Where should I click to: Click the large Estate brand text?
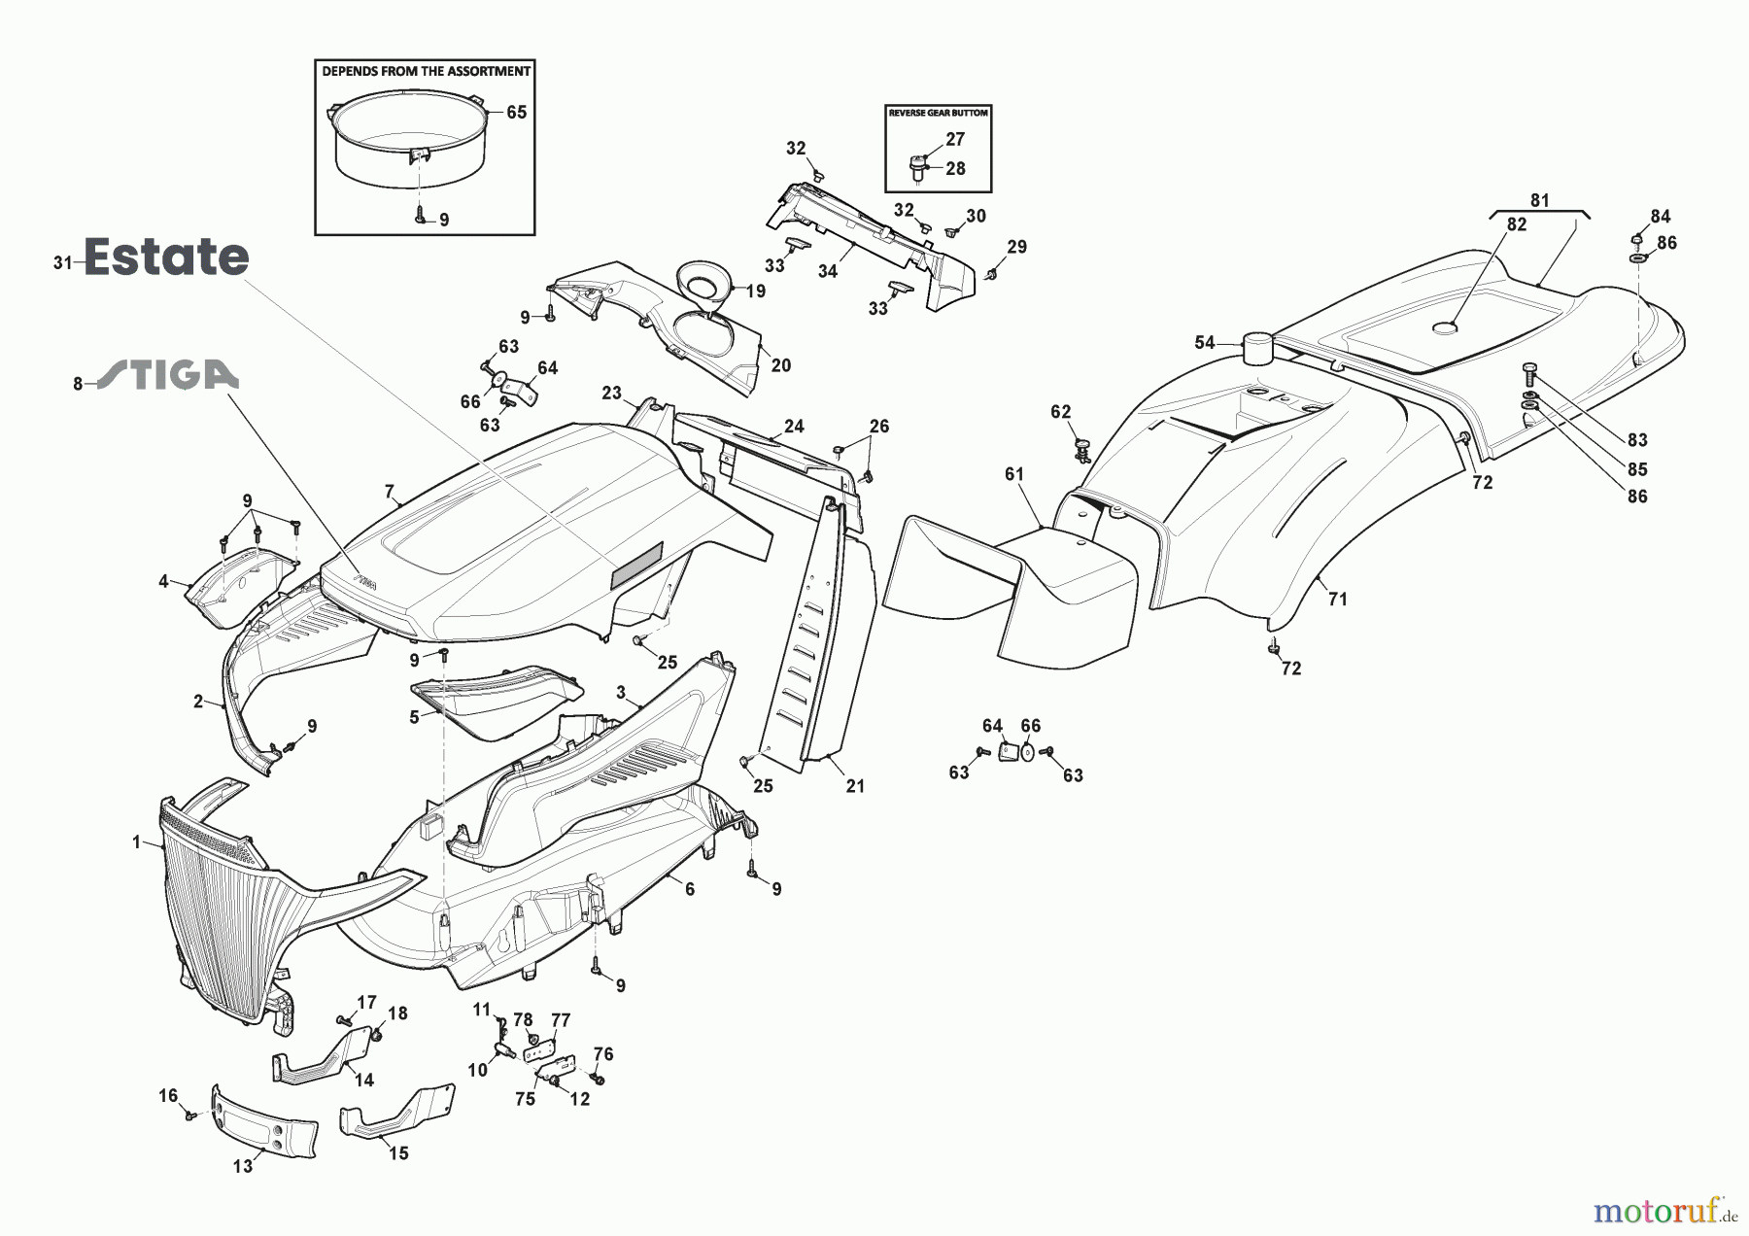click(166, 257)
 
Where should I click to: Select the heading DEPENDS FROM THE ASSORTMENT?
click(426, 71)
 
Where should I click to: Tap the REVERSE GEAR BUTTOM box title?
click(939, 113)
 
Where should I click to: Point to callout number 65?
click(516, 113)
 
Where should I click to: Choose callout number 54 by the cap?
click(1205, 342)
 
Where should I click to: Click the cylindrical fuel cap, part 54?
click(1258, 349)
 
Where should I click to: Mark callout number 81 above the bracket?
click(1540, 201)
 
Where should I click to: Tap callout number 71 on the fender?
click(1338, 600)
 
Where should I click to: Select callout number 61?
click(1014, 474)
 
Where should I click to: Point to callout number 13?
click(243, 1166)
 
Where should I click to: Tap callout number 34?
click(827, 271)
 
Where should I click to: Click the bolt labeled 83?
click(1529, 371)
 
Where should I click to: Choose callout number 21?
click(855, 786)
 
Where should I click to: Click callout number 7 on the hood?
click(389, 492)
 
